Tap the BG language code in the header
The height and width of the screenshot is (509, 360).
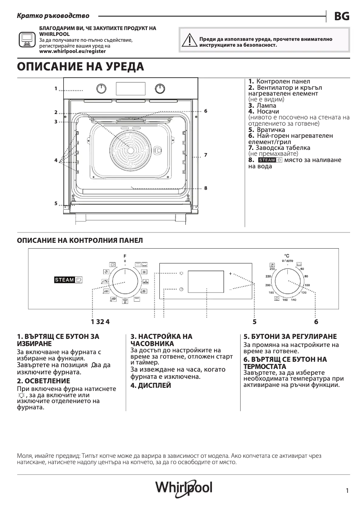click(342, 16)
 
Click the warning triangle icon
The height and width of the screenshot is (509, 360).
click(188, 41)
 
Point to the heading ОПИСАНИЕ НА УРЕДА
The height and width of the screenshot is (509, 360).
click(80, 67)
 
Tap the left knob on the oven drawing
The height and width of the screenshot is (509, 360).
click(102, 88)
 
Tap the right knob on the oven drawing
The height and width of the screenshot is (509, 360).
click(160, 88)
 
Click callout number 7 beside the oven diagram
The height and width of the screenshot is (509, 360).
click(205, 155)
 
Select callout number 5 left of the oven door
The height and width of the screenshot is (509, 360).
click(56, 203)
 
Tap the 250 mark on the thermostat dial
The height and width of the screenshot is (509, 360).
click(272, 268)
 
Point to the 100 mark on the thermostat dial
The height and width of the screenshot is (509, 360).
click(307, 285)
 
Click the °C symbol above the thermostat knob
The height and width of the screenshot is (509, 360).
click(287, 255)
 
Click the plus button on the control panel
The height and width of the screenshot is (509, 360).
click(231, 273)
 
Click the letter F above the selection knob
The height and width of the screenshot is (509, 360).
click(125, 256)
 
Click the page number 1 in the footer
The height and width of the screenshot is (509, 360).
click(347, 491)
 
